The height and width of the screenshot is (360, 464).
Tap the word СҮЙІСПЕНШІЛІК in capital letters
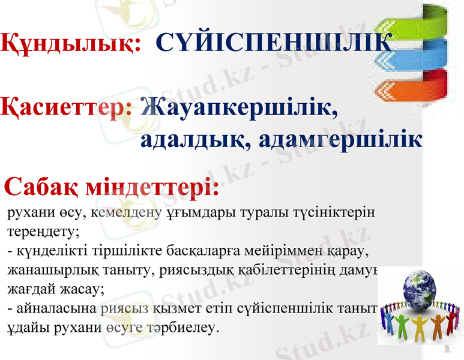pyautogui.click(x=273, y=43)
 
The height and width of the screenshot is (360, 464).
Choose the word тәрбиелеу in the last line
pyautogui.click(x=188, y=328)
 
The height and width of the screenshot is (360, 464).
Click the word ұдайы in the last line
pyautogui.click(x=23, y=328)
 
